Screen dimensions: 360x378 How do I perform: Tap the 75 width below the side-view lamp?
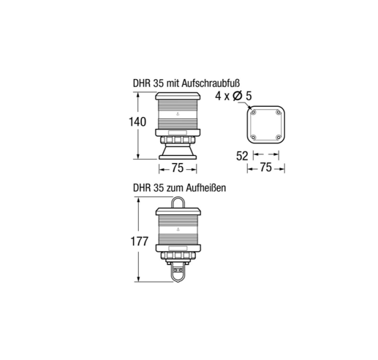pyautogui.click(x=178, y=168)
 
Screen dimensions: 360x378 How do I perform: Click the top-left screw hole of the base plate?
pyautogui.click(x=252, y=113)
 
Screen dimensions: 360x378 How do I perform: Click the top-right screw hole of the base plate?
pyautogui.click(x=279, y=113)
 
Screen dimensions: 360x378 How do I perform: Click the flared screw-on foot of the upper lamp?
pyautogui.click(x=178, y=151)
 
